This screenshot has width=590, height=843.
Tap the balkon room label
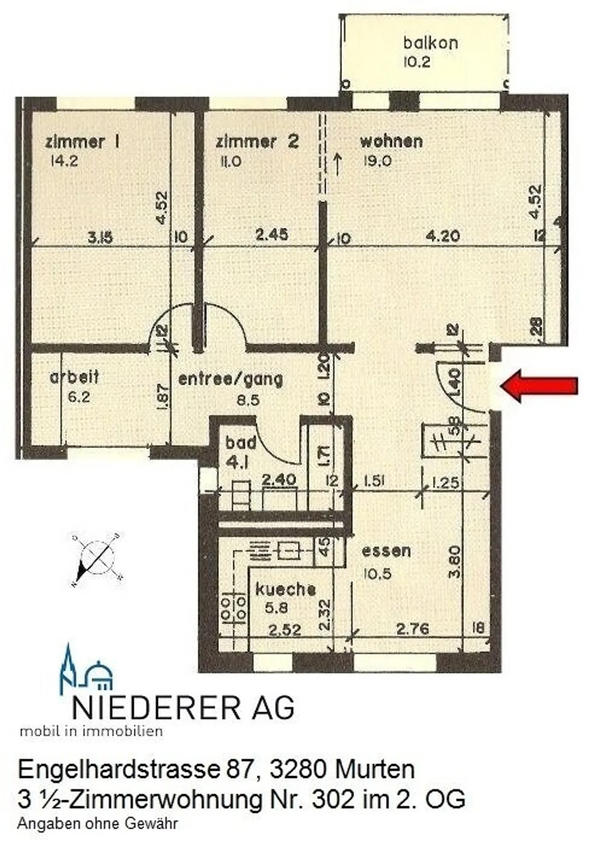point(430,43)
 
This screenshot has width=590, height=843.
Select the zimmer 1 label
point(82,142)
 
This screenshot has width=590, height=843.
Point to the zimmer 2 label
point(257,142)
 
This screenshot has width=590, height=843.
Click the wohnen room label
point(391,141)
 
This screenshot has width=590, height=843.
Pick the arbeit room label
point(74,377)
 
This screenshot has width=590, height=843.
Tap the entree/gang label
point(231,379)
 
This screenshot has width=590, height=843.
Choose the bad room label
point(241,443)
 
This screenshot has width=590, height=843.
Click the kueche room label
point(286,589)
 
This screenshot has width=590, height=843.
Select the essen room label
point(386,551)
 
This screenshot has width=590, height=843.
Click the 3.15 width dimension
point(100,237)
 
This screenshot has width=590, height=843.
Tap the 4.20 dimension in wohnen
point(442,236)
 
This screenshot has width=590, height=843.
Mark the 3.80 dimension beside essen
point(455,562)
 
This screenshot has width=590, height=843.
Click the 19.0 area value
point(377,161)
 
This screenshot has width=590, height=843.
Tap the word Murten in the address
point(374,770)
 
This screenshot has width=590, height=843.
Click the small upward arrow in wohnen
point(338,163)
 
